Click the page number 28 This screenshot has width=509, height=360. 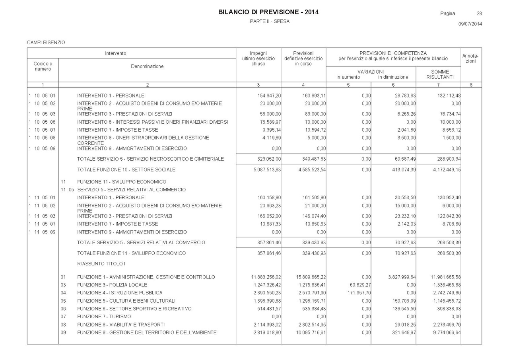point(479,14)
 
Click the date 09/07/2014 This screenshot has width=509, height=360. point(470,24)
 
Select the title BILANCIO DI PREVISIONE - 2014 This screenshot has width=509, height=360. point(268,12)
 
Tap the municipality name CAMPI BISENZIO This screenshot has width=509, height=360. point(46,42)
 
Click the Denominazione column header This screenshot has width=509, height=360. point(147,66)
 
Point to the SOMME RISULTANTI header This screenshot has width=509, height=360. point(440,74)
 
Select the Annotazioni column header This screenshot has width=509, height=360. point(471,58)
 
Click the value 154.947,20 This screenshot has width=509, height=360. point(269,95)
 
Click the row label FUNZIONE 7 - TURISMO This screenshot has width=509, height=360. point(104,317)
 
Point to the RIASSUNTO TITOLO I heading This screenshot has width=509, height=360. point(101,263)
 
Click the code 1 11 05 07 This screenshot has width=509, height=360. point(42,224)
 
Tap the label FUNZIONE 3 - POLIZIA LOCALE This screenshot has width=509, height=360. point(112,285)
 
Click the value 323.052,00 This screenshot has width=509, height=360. point(269,159)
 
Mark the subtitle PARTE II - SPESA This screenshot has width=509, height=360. point(270,21)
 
